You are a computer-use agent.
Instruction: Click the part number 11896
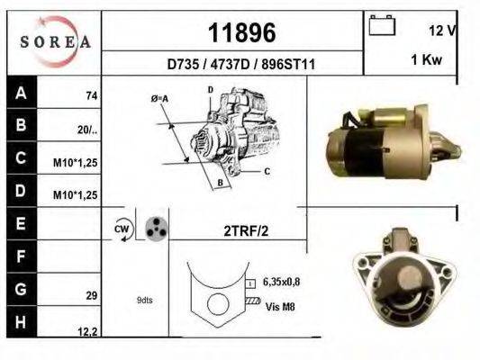(x=241, y=33)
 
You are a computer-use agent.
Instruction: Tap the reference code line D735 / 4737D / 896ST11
(x=241, y=65)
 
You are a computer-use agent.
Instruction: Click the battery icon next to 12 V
(x=382, y=28)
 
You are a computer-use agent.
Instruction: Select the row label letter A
(x=20, y=92)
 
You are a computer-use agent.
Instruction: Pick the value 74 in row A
(x=91, y=95)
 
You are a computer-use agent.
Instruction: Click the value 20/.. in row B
(x=87, y=130)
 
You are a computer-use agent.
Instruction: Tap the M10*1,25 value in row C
(x=77, y=163)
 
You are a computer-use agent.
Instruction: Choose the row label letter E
(x=20, y=221)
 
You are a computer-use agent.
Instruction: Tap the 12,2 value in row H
(x=87, y=331)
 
